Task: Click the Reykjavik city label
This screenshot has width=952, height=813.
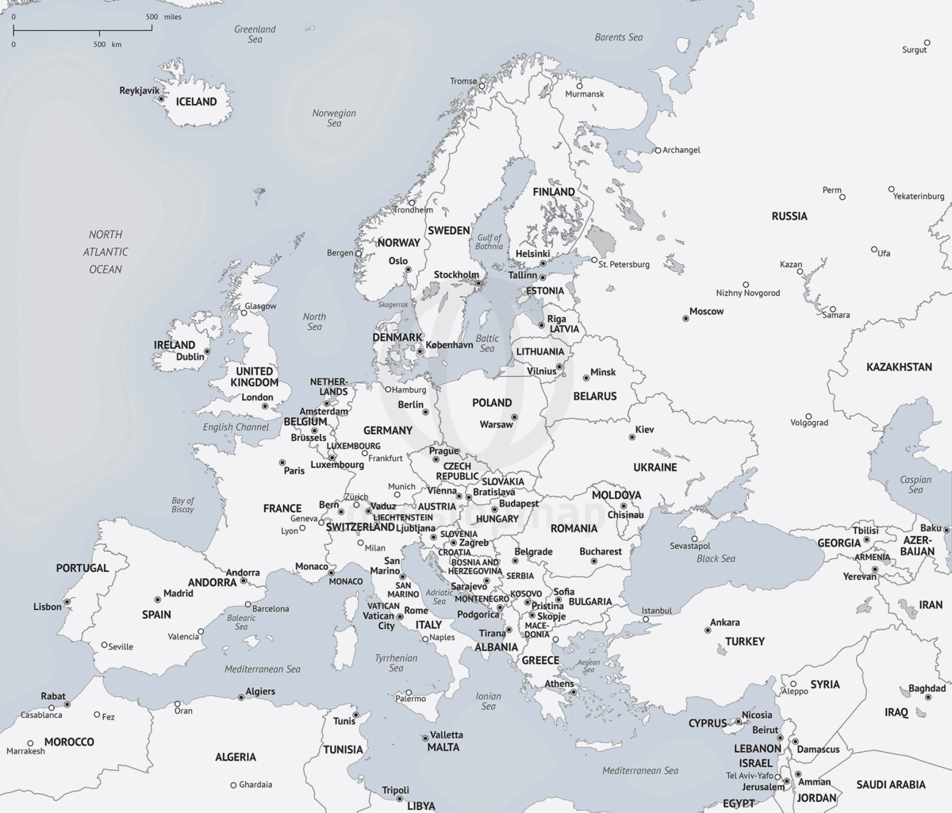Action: click(x=139, y=90)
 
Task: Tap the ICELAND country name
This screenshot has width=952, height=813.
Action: click(x=196, y=102)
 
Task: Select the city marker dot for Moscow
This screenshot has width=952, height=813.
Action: click(x=686, y=319)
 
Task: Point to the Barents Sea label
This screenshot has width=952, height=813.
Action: click(x=619, y=37)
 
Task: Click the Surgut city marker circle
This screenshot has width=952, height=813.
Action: click(x=927, y=43)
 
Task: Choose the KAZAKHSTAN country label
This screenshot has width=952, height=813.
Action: click(x=899, y=367)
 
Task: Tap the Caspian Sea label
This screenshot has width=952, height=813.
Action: click(x=916, y=485)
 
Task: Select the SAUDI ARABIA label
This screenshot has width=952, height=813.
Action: click(x=890, y=784)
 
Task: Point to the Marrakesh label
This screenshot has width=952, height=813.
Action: click(x=25, y=751)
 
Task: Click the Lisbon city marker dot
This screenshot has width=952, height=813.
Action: click(x=67, y=602)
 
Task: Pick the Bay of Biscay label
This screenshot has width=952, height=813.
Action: click(x=182, y=505)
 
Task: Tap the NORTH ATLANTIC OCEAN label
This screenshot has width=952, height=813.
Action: click(x=106, y=251)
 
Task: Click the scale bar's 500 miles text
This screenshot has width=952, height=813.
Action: click(x=163, y=17)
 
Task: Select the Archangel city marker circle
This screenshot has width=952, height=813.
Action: click(x=658, y=150)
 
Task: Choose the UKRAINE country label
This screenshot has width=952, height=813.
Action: click(x=655, y=467)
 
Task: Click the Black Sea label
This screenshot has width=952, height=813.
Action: click(x=716, y=558)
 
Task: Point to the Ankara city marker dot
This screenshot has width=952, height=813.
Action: click(x=708, y=631)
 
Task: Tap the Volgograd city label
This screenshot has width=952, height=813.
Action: click(x=808, y=423)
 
